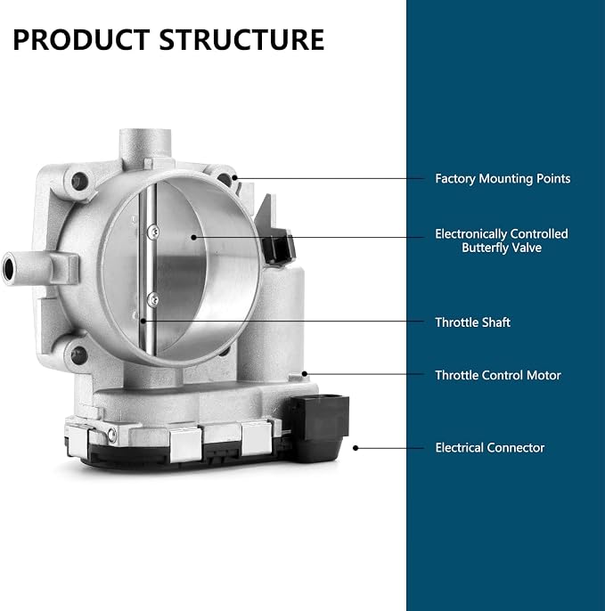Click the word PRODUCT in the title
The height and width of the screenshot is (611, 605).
click(x=81, y=40)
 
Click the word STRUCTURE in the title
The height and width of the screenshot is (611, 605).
click(x=241, y=40)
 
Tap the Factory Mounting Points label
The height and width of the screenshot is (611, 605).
click(x=503, y=179)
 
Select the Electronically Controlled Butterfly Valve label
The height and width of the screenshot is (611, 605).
click(x=502, y=240)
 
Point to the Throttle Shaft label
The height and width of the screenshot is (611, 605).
click(x=472, y=322)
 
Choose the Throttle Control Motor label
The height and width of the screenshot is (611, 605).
click(x=498, y=375)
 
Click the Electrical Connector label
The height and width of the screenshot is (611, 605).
click(x=490, y=448)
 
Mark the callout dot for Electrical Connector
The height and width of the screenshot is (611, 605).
click(x=356, y=448)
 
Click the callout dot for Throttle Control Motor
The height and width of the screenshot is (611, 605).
click(x=305, y=374)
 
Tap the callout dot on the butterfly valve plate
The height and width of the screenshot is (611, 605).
click(x=193, y=237)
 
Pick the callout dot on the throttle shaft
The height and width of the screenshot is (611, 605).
click(x=143, y=321)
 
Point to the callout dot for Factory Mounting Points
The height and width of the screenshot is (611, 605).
click(x=234, y=178)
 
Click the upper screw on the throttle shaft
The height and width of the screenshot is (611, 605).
click(x=153, y=232)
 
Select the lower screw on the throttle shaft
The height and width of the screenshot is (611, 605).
click(x=153, y=299)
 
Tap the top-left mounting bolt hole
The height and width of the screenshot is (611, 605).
click(x=79, y=181)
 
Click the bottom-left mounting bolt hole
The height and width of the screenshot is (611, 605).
click(x=79, y=355)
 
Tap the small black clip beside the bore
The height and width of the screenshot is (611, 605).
click(x=278, y=248)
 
